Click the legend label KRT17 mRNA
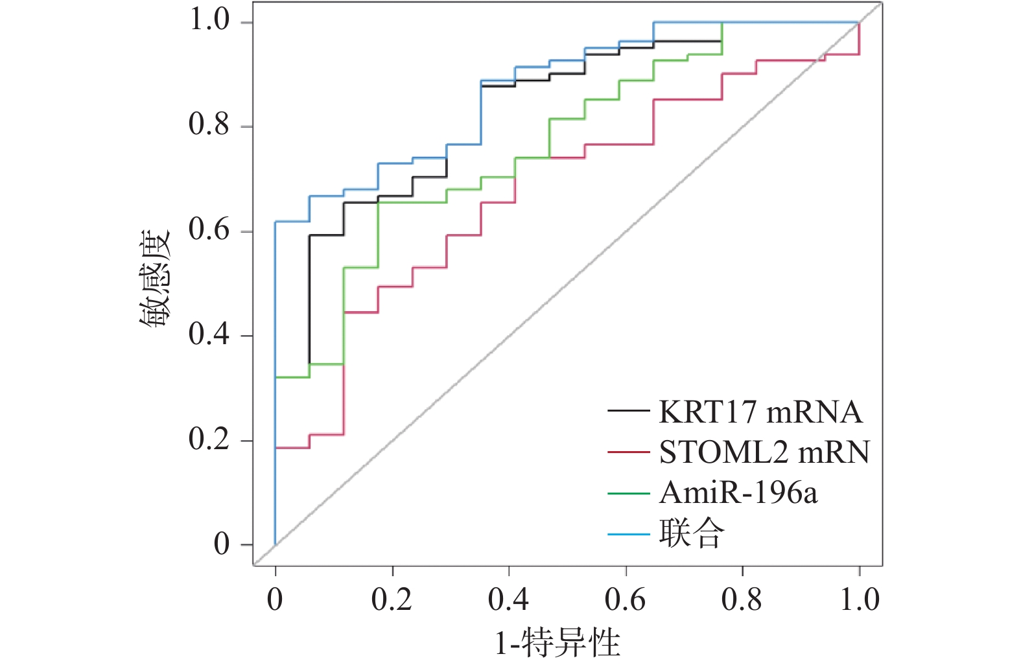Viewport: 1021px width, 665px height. click(x=760, y=412)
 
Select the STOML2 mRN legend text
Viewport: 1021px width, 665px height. click(x=764, y=452)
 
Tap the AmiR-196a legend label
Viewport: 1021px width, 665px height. click(x=738, y=493)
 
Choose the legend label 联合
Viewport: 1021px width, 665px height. click(x=692, y=534)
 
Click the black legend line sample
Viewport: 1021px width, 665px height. click(x=628, y=412)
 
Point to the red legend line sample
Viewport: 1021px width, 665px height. click(x=628, y=452)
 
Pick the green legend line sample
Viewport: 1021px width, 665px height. click(x=628, y=493)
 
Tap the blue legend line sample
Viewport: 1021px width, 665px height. click(x=628, y=534)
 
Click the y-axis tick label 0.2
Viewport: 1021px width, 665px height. click(x=209, y=439)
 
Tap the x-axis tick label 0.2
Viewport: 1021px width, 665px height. click(x=392, y=600)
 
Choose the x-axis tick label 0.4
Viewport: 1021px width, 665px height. click(x=508, y=600)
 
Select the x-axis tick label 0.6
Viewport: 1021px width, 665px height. click(x=625, y=600)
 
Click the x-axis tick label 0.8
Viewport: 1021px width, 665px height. click(x=742, y=600)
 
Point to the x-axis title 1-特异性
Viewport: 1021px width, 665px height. click(x=557, y=643)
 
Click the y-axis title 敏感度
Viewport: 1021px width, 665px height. click(x=155, y=279)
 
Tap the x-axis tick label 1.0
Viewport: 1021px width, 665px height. click(x=860, y=600)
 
